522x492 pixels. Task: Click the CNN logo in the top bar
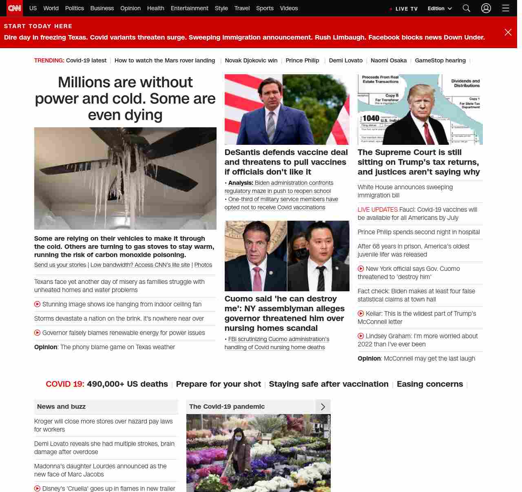point(15,8)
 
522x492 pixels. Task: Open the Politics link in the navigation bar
point(74,8)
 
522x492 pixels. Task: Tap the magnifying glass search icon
point(467,8)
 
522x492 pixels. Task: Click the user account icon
point(486,8)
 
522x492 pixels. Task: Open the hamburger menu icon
point(506,8)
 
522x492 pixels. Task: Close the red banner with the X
point(508,32)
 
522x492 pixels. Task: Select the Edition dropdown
point(440,9)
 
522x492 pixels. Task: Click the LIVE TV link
point(404,9)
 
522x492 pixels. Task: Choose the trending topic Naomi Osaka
point(389,60)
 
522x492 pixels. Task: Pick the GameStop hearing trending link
point(440,60)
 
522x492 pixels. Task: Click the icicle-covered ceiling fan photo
point(125,178)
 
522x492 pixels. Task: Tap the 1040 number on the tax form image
point(371,118)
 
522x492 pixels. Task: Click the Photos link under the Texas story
point(203,265)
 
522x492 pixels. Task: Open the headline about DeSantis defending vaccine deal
point(286,162)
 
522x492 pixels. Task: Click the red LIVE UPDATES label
point(377,210)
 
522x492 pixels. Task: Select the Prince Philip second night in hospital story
point(418,232)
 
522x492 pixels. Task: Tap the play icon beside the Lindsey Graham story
point(361,336)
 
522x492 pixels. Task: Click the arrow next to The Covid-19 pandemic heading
point(323,407)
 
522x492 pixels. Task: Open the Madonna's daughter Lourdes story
point(100,470)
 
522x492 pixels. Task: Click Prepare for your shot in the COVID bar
point(218,384)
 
